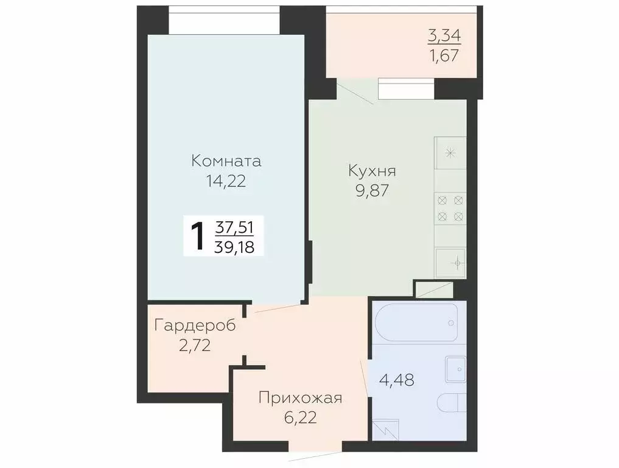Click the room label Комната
coord(226,161)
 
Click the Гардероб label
coord(195,325)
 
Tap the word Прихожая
coord(300,399)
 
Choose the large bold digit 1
coord(198,237)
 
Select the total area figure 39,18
coord(235,246)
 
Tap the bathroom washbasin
coord(455,367)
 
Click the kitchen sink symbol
coord(451,263)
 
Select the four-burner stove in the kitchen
coord(450,208)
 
